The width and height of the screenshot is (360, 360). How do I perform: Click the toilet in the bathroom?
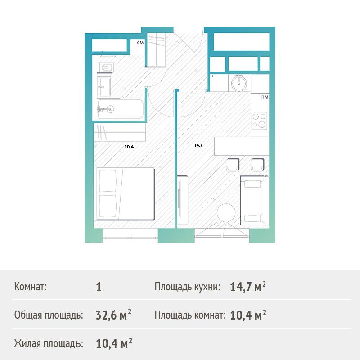(107, 67)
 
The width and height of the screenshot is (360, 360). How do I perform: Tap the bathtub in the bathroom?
(120, 109)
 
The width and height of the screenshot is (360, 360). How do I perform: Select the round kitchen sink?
(239, 82)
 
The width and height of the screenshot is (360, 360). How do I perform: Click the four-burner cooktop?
(260, 121)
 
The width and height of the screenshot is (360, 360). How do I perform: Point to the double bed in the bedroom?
(125, 194)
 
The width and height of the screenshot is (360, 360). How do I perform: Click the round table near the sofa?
(226, 213)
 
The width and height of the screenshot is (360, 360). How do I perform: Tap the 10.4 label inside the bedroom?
(129, 147)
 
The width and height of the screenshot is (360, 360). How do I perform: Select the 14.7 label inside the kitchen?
(198, 145)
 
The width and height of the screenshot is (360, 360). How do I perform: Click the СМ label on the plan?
(140, 43)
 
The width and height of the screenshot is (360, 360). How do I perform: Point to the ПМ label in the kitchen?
(265, 97)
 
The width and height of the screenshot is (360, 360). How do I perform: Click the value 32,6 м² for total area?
(113, 315)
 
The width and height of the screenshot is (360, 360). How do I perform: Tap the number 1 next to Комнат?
(99, 287)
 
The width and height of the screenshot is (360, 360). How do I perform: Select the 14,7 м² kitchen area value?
(248, 287)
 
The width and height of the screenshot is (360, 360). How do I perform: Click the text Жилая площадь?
(49, 344)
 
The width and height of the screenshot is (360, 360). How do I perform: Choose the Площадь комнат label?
(190, 315)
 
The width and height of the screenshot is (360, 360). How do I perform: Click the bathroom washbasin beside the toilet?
(104, 87)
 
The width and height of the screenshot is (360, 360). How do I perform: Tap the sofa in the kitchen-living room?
(254, 201)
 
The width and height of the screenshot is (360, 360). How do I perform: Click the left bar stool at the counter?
(233, 165)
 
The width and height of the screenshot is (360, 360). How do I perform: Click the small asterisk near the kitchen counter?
(212, 76)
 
